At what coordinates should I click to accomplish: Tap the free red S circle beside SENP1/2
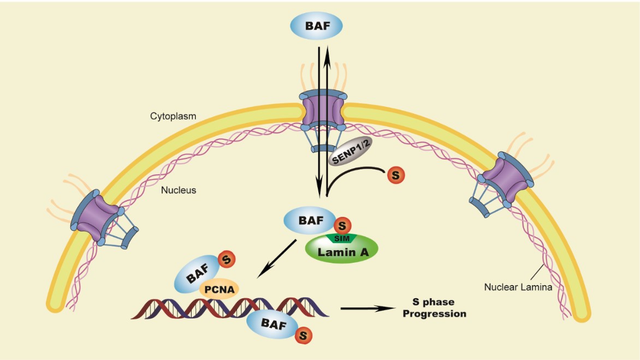pos(396,176)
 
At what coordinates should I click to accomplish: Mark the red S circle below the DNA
pos(304,335)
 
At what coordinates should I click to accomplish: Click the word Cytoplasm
pos(173,116)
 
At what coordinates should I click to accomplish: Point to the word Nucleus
pos(178,191)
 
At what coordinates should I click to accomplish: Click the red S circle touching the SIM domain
pos(341,224)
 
